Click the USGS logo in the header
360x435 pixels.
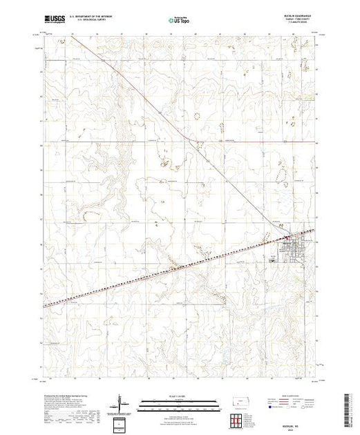click(55, 19)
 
